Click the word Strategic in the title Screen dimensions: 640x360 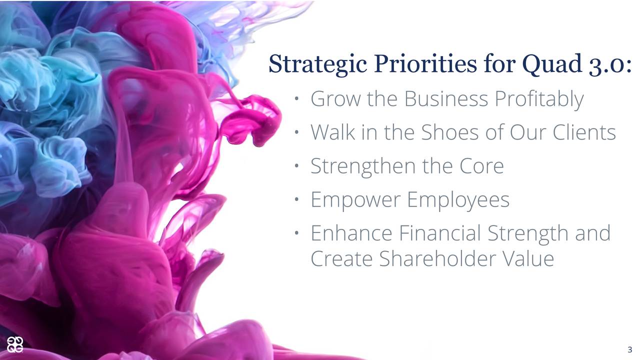[x=317, y=65]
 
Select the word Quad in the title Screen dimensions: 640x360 [x=552, y=64]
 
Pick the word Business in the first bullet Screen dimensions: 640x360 [x=446, y=99]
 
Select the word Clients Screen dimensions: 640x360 [x=584, y=132]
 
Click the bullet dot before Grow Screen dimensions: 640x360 [x=296, y=99]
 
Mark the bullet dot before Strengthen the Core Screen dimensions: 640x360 [x=296, y=165]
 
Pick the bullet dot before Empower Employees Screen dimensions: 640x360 [x=296, y=199]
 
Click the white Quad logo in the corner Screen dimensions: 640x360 [x=15, y=345]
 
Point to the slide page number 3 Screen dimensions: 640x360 [x=629, y=349]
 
